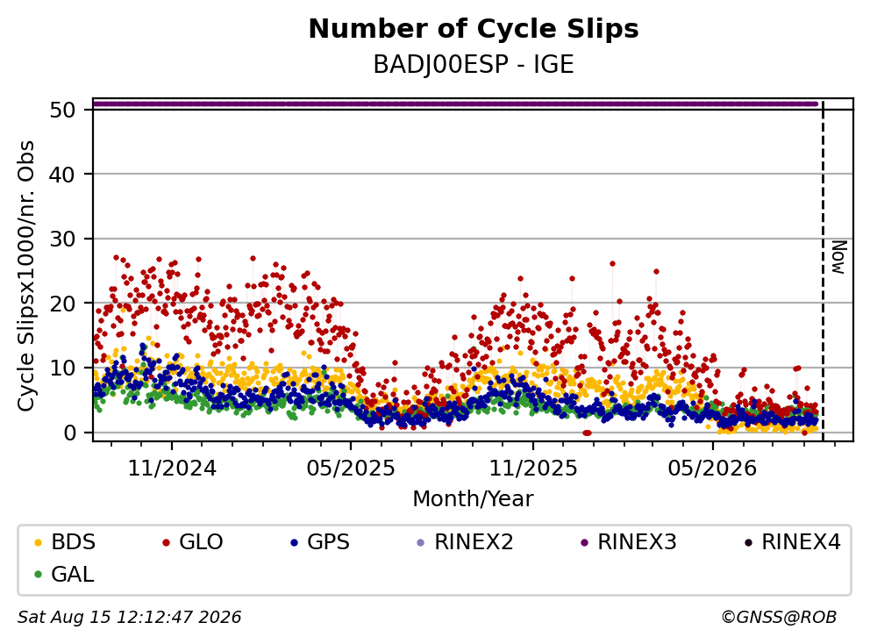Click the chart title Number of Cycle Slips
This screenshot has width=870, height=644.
pyautogui.click(x=474, y=29)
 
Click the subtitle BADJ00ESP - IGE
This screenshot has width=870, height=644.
pyautogui.click(x=474, y=65)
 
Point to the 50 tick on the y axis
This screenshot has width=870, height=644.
pyautogui.click(x=62, y=110)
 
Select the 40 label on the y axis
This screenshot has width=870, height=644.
pyautogui.click(x=62, y=175)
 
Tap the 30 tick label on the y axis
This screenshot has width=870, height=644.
pyautogui.click(x=62, y=240)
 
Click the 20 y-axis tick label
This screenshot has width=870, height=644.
pyautogui.click(x=62, y=304)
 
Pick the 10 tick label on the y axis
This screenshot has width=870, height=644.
pyautogui.click(x=62, y=369)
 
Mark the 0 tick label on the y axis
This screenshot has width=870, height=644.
pyautogui.click(x=69, y=433)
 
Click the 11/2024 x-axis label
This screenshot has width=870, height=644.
pyautogui.click(x=172, y=469)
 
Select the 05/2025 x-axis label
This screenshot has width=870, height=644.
pyautogui.click(x=351, y=469)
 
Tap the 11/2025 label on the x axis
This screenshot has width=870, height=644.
pyautogui.click(x=532, y=469)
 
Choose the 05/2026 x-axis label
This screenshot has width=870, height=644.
pyautogui.click(x=712, y=469)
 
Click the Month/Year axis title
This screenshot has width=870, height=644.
pyautogui.click(x=474, y=498)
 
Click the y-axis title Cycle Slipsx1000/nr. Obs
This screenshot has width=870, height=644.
pyautogui.click(x=26, y=275)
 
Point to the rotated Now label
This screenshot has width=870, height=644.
pyautogui.click(x=839, y=257)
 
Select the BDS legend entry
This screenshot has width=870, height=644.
pyautogui.click(x=66, y=542)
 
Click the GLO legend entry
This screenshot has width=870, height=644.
pyautogui.click(x=193, y=542)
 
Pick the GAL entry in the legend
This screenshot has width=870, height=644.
pyautogui.click(x=64, y=574)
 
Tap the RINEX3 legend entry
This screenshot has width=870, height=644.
pyautogui.click(x=629, y=542)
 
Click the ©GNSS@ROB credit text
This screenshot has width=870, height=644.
pyautogui.click(x=779, y=618)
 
